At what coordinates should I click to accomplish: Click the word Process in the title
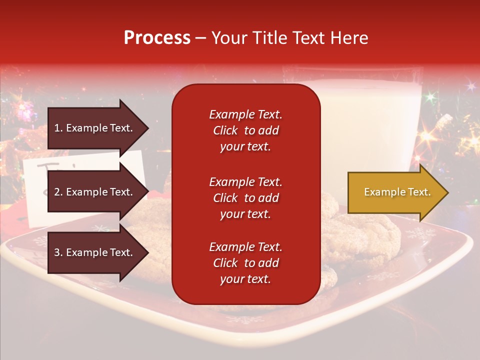coord(157,38)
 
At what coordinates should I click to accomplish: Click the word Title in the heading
coord(270,38)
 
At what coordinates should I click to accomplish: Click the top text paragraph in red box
coord(245,130)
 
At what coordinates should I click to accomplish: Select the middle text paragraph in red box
coord(245,198)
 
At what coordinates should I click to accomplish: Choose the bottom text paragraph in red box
coord(245,263)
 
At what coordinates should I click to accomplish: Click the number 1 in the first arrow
coord(57,128)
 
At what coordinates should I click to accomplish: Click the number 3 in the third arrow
coord(57,252)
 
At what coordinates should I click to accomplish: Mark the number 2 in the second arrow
coord(57,192)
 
